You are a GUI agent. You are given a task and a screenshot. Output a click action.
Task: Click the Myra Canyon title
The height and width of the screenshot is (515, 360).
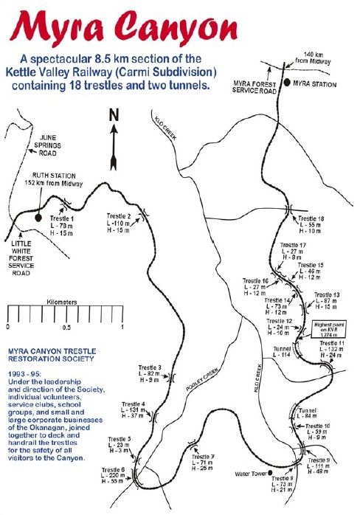pos(180,27)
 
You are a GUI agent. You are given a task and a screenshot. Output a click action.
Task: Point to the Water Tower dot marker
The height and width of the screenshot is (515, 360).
pos(271,472)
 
